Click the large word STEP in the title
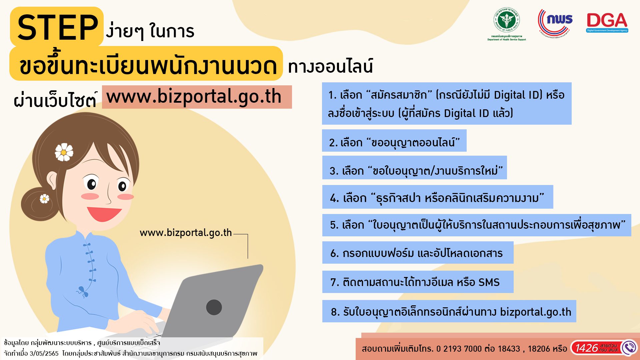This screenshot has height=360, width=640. (57, 27)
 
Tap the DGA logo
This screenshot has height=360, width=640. (607, 23)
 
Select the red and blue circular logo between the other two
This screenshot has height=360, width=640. (555, 23)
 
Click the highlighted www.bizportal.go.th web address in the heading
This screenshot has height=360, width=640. (194, 97)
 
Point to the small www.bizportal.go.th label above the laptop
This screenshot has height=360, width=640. (186, 232)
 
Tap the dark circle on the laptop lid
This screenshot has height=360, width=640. (214, 307)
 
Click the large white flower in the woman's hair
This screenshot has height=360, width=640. (64, 152)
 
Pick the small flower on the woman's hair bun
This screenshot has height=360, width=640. (44, 199)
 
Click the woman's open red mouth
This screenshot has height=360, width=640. (104, 214)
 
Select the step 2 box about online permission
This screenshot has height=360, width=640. (394, 141)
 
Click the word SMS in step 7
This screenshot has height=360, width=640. (489, 282)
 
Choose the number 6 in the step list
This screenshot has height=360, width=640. (334, 253)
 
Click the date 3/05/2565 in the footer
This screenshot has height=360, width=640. (44, 353)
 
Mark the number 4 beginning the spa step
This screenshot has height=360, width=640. (334, 198)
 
